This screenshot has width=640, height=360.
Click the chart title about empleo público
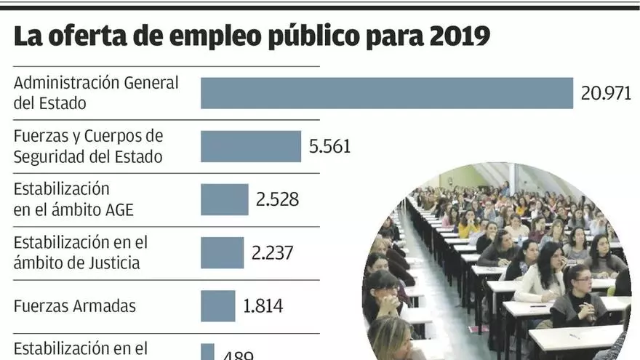[x=252, y=36]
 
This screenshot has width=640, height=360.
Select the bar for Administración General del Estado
[x=386, y=93]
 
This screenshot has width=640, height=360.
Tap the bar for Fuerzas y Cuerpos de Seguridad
[x=250, y=146]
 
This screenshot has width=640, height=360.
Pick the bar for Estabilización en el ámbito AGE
[x=224, y=199]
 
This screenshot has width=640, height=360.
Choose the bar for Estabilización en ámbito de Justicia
[x=222, y=252]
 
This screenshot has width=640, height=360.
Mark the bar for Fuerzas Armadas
[x=217, y=305]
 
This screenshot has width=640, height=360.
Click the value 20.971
[x=606, y=93]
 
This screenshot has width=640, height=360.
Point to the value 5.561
[x=329, y=146]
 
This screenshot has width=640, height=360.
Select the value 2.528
[x=277, y=199]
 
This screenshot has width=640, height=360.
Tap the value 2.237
[x=273, y=252]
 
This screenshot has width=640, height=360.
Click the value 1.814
[x=263, y=305]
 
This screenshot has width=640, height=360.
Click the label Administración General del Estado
[x=95, y=92]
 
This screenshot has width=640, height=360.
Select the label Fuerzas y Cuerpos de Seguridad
[x=88, y=145]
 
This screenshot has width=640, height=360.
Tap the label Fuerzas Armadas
[x=74, y=305]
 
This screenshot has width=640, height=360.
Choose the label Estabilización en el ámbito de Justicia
[x=80, y=252]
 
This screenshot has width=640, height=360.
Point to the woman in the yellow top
[x=468, y=225]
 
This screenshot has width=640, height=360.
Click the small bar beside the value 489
[x=207, y=353]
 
